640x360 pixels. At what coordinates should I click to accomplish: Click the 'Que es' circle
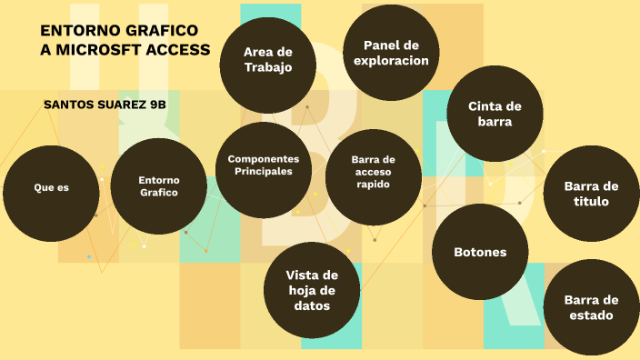pos(52,188)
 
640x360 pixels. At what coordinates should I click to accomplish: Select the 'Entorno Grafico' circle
pos(159,186)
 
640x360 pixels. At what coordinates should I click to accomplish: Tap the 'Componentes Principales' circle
pos(263,165)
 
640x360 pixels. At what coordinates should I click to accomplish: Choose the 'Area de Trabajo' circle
pos(267,60)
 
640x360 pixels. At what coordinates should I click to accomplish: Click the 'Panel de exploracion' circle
pos(390,53)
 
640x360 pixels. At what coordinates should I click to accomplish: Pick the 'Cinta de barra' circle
pos(495,113)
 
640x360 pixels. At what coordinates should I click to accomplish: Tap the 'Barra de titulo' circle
pos(591,194)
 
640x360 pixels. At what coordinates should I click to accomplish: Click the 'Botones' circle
pos(480,252)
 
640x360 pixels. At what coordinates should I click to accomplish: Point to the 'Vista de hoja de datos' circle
pos(312,290)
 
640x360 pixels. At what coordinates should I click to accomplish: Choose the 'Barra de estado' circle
pos(591,307)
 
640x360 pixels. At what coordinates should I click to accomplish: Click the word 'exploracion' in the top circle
pos(390,61)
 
